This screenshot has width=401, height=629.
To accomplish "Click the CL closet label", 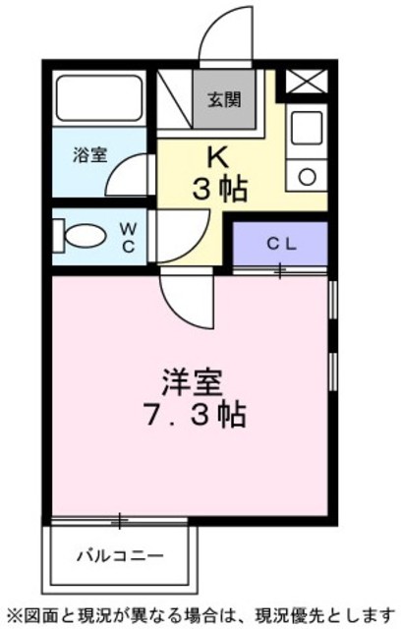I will pyautogui.click(x=281, y=243).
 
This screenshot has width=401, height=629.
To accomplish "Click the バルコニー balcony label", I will pyautogui.click(x=120, y=555).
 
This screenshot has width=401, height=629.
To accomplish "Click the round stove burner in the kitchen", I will pyautogui.click(x=308, y=177).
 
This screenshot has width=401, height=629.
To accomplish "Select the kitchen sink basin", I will pyautogui.click(x=308, y=128).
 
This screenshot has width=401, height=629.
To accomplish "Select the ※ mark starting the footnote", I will pyautogui.click(x=12, y=614).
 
